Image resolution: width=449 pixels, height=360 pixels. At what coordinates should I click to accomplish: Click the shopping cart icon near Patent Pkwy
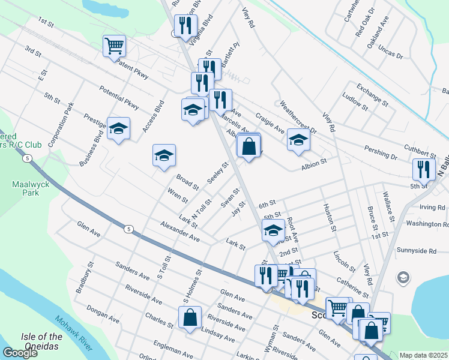[x=114, y=46]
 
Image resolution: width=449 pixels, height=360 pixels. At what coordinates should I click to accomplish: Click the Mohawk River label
[x=74, y=333]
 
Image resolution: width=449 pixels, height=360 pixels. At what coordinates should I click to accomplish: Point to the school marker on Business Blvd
[x=118, y=128]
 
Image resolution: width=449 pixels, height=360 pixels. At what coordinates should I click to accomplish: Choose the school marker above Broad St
[x=164, y=156]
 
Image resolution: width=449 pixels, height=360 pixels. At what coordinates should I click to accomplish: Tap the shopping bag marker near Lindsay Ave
[x=190, y=318]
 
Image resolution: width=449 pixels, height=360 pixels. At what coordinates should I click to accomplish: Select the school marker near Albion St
[x=298, y=140]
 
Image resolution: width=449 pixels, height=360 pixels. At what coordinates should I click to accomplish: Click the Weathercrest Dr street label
[x=298, y=119]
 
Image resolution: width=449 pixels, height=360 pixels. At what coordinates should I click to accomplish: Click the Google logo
[x=20, y=353]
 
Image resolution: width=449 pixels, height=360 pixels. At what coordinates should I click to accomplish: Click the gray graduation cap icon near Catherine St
[x=403, y=278]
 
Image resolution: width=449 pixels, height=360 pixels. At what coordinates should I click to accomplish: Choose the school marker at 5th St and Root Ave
[x=273, y=230]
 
